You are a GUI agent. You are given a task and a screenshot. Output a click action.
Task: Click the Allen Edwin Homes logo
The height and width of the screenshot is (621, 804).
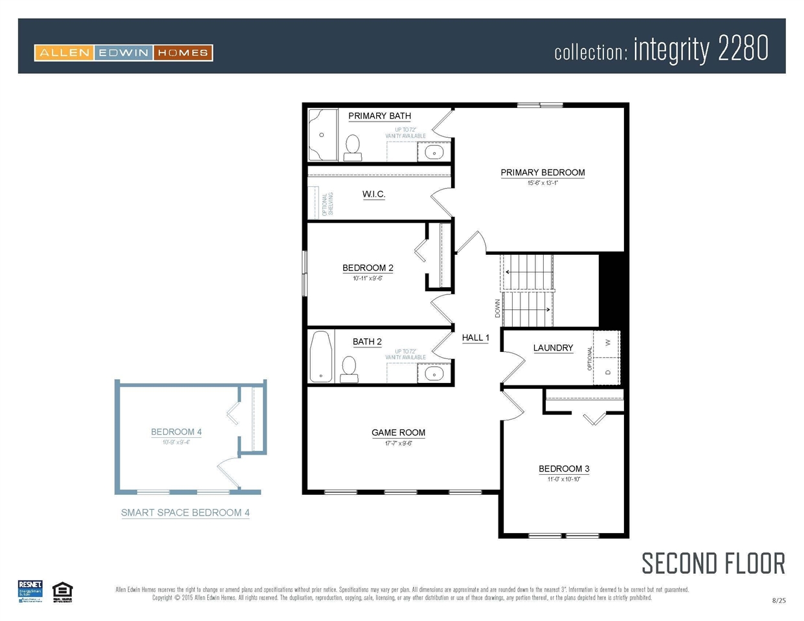point(124,53)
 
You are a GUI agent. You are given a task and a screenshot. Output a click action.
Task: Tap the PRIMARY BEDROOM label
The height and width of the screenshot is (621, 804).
point(542,173)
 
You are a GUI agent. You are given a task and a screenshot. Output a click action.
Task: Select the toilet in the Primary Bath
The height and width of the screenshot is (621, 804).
point(353,147)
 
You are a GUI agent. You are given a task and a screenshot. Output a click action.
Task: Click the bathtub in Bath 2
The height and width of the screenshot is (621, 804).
point(321,357)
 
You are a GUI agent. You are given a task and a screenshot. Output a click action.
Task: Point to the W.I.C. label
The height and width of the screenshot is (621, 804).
point(374,194)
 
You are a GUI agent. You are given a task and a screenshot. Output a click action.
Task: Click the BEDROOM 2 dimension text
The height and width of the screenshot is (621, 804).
point(368,279)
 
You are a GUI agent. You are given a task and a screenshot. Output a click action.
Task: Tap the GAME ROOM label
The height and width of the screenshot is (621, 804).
point(398,433)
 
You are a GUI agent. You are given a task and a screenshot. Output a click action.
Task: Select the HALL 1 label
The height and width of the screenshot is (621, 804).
point(475,338)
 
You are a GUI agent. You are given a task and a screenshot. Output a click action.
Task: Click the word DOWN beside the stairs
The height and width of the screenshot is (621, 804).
point(497,308)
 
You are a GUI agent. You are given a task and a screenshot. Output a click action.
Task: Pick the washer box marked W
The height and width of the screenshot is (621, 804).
point(607,343)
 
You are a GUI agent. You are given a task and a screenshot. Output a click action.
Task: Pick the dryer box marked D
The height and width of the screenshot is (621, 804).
point(607,372)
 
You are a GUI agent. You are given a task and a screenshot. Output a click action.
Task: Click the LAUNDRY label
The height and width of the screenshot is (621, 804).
point(553,348)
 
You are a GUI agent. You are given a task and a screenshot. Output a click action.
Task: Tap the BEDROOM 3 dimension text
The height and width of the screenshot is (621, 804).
point(564,479)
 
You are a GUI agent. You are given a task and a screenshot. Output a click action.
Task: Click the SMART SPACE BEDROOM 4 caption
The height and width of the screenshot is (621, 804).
point(185,513)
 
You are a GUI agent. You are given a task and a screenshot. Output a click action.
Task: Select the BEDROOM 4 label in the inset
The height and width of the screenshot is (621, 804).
point(176,432)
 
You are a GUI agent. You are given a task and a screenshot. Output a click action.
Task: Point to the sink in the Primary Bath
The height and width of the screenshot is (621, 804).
point(434,153)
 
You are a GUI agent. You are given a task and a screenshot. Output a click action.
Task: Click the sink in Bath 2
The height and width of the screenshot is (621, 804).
point(434,374)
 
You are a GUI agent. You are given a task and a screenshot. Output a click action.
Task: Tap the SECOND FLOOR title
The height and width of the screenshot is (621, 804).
point(713,563)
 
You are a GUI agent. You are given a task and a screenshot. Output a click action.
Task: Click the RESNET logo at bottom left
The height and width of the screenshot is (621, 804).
point(30,591)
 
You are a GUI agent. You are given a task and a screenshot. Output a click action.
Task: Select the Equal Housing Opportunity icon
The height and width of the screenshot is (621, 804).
point(62,591)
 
